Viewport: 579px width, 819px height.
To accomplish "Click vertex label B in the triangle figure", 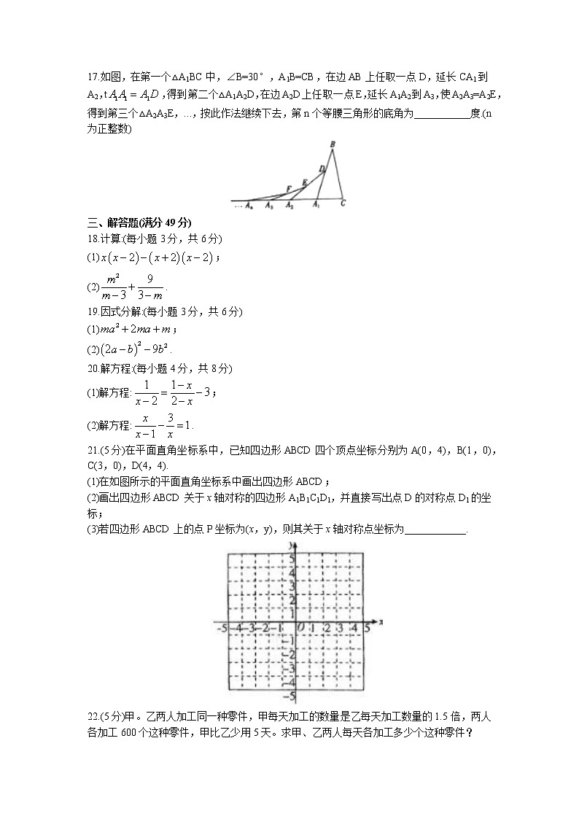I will click(333, 145).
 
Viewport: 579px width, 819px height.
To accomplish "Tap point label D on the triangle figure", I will click(321, 169).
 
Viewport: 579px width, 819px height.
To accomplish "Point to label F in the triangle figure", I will click(289, 189).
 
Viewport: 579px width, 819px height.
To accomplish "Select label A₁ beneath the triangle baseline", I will click(316, 206).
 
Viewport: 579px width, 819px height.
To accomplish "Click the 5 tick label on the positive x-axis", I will click(367, 626).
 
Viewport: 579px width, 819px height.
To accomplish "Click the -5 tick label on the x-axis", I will click(221, 626).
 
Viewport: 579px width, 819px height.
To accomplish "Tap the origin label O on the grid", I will click(298, 626).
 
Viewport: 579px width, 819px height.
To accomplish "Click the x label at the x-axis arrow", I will click(381, 622).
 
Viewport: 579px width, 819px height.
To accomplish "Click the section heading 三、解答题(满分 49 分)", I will click(139, 223).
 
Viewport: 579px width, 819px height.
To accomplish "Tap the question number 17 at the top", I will click(92, 76).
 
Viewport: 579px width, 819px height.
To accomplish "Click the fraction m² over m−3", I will click(113, 287).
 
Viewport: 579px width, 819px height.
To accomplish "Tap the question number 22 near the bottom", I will click(93, 715).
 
